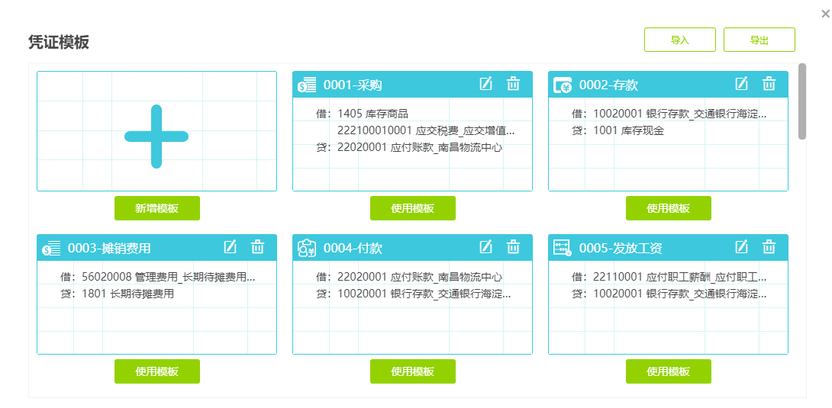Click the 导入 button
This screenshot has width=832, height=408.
[x=679, y=40]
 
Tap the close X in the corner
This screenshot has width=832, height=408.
[x=825, y=14]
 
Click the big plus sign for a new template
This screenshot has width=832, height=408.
[x=156, y=137]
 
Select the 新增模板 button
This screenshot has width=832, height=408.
[x=157, y=208]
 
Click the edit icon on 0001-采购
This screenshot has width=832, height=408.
[x=486, y=84]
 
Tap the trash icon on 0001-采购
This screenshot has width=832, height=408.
[x=513, y=84]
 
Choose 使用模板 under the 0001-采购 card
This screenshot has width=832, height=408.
[x=413, y=208]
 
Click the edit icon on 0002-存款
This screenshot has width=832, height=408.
[x=741, y=84]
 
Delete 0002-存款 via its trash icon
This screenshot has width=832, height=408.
[x=769, y=84]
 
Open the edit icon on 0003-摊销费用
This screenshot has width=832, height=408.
[x=231, y=247]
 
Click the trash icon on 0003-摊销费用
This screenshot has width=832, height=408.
[x=257, y=247]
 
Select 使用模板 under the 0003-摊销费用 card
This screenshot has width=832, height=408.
[x=157, y=371]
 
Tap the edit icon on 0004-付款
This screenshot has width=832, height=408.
[x=486, y=247]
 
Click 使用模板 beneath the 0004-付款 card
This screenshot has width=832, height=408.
[x=413, y=371]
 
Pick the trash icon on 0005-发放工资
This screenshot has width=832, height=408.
[x=769, y=247]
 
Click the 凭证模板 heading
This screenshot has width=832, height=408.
[x=59, y=43]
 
